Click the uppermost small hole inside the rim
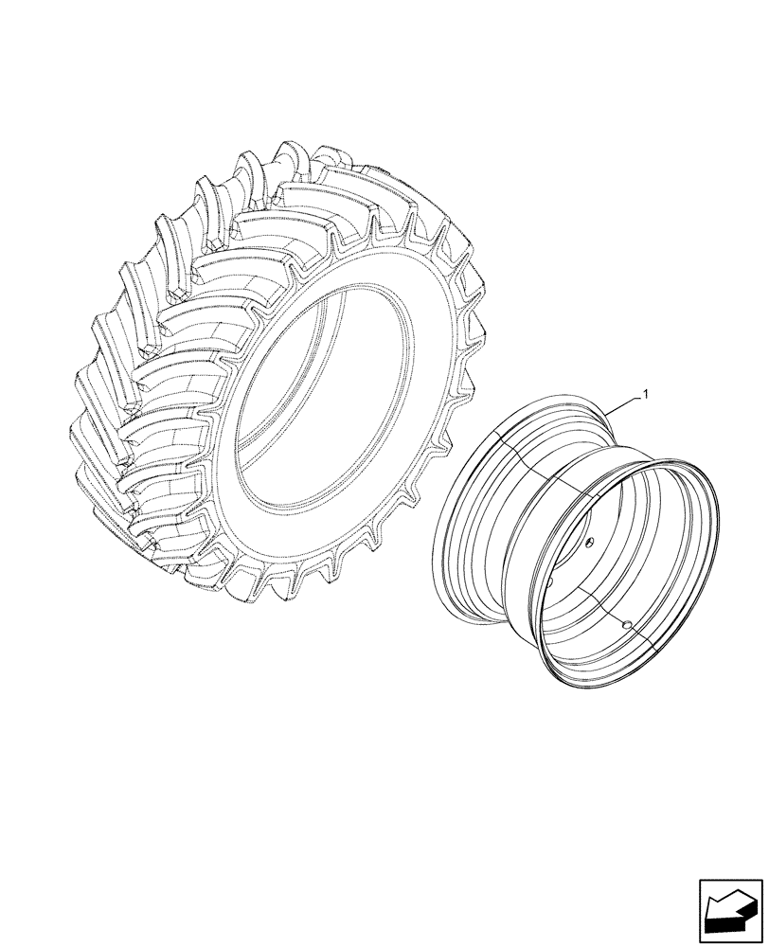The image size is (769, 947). click(587, 541)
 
